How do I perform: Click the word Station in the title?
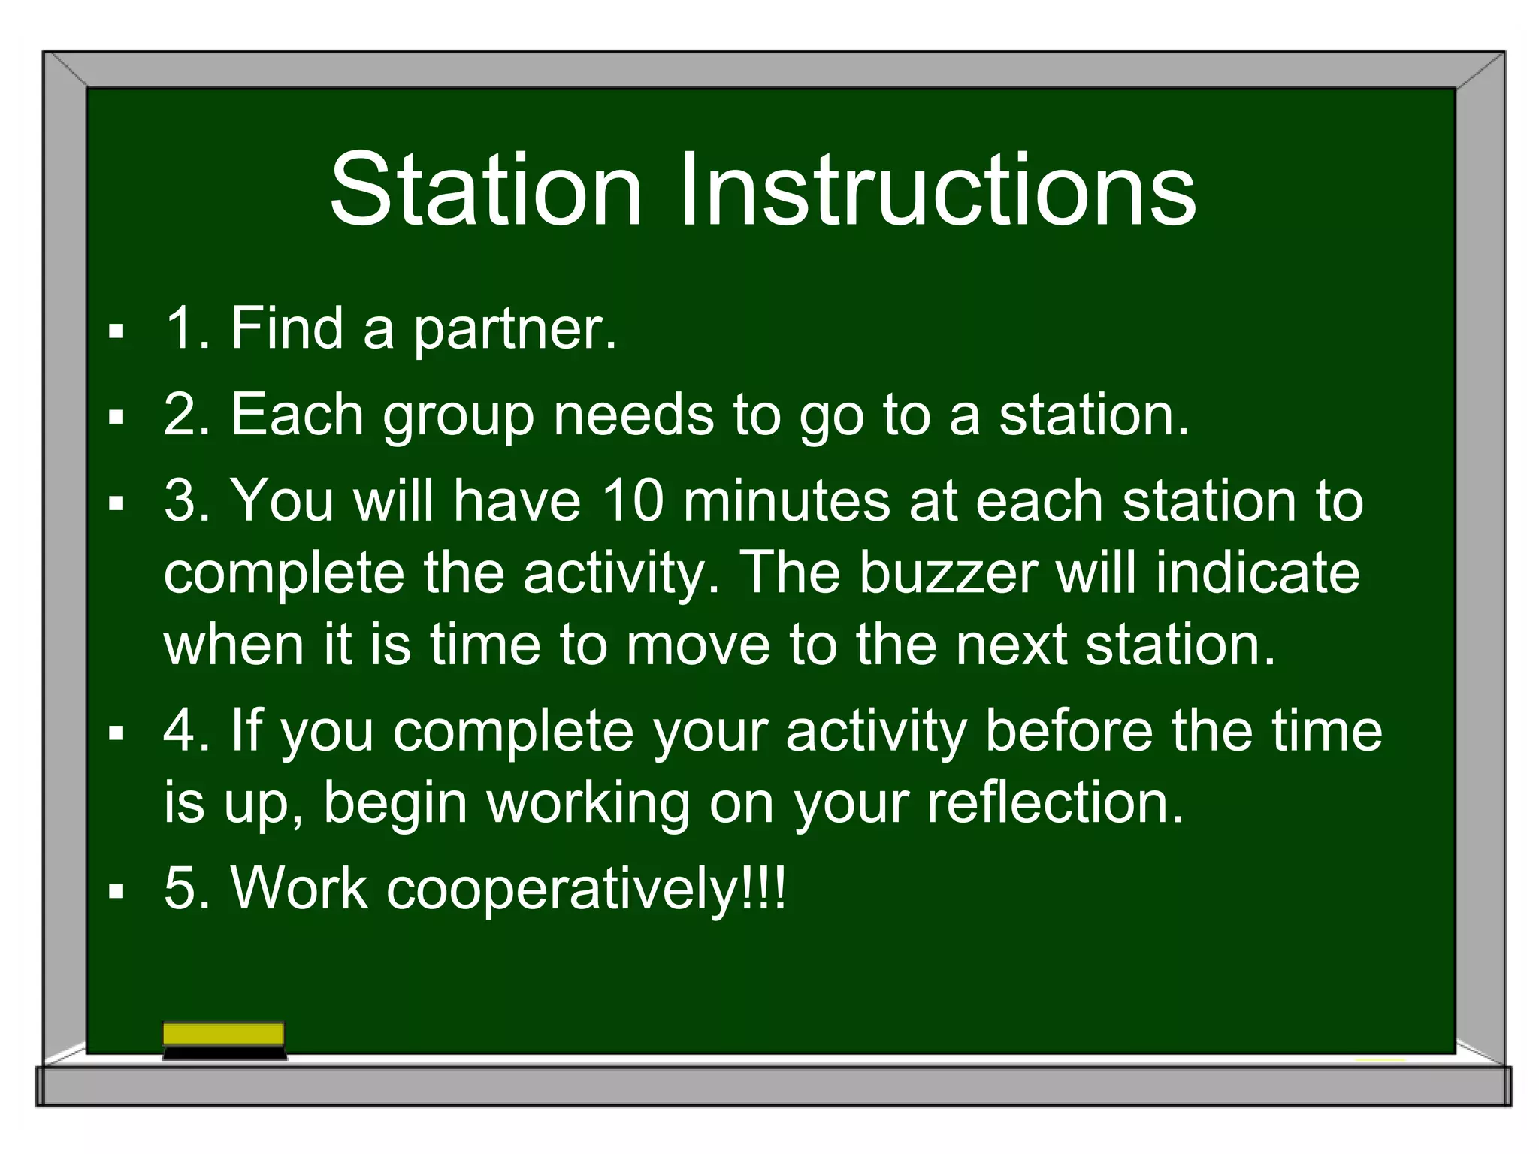click(x=485, y=189)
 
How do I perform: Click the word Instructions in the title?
click(x=936, y=189)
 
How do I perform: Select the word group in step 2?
click(x=458, y=417)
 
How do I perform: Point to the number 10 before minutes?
click(x=633, y=501)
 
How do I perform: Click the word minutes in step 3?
click(x=786, y=501)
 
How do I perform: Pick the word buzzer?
click(x=948, y=573)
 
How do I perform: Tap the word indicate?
click(x=1256, y=573)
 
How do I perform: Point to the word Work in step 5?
click(x=299, y=889)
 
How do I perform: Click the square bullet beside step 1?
click(x=116, y=331)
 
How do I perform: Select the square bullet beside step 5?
click(x=116, y=892)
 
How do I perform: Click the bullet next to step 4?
click(x=116, y=733)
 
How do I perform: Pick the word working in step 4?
click(x=588, y=805)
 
